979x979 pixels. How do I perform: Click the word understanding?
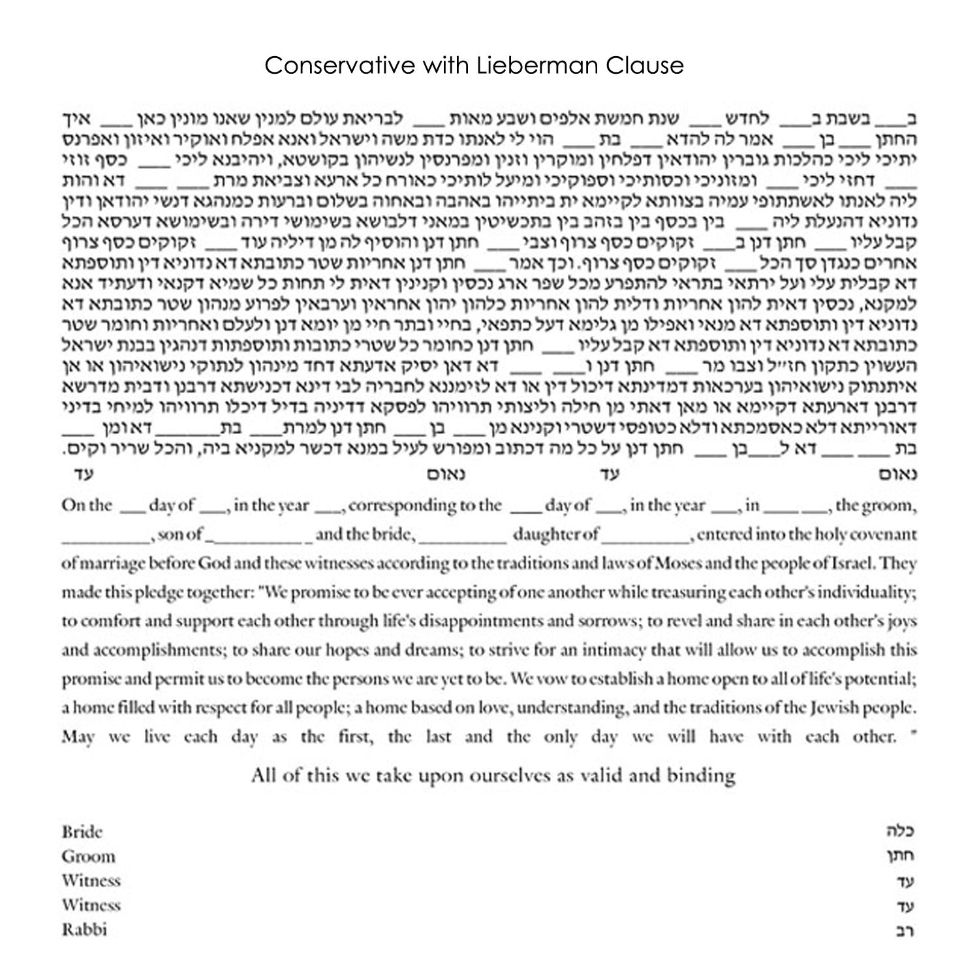coord(570,707)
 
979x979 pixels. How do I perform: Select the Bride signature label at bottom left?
coord(82,832)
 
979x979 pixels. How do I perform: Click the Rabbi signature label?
coord(84,929)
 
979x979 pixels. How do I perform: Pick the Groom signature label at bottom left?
coord(88,856)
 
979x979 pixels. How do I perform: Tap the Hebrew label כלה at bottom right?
coord(901,832)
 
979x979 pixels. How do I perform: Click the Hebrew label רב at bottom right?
coord(905,929)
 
